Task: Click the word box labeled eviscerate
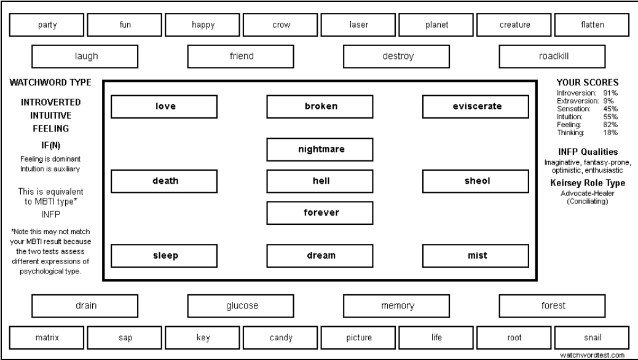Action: coord(476,106)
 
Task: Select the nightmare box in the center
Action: coord(320,150)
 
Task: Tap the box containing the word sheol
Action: coord(476,181)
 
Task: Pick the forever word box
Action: coord(320,213)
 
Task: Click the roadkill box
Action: coord(552,57)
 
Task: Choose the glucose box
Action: coord(240,306)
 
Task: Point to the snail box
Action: coord(592,338)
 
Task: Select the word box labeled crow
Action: coord(280,25)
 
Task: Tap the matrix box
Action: coord(47,338)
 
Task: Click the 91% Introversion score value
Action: coord(610,93)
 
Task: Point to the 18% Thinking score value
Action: coord(610,133)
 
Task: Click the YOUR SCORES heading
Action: coord(587,82)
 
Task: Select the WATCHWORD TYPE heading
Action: coord(50,82)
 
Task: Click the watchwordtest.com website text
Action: coord(592,355)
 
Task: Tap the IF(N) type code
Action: coord(50,145)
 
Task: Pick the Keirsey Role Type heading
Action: coord(588,183)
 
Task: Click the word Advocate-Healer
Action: coord(588,194)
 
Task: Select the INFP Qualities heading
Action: coord(588,152)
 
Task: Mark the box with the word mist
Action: coord(476,256)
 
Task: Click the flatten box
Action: coord(592,25)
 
